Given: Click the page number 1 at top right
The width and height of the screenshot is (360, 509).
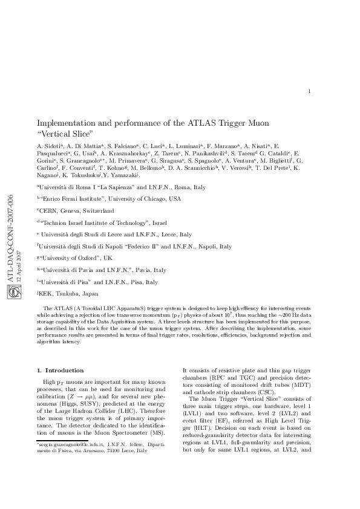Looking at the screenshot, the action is (x=309, y=91).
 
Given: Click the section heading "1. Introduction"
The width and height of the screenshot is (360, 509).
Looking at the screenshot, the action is (x=60, y=370).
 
